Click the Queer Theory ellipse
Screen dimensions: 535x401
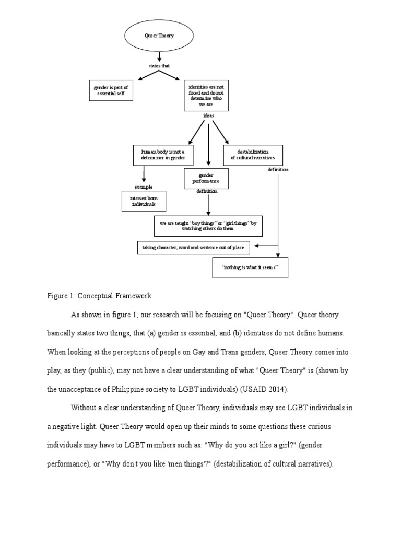click(159, 36)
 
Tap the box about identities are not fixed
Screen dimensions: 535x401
click(206, 96)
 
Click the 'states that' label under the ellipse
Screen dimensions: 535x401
click(159, 66)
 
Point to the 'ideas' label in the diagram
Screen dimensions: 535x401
click(208, 115)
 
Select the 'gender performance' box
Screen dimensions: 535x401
click(206, 178)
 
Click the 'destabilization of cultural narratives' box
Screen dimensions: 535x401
click(253, 155)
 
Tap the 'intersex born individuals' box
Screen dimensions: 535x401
click(143, 201)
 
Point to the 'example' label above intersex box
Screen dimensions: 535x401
click(143, 187)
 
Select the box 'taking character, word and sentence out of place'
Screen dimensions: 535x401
click(194, 247)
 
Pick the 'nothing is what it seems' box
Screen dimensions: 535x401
click(251, 267)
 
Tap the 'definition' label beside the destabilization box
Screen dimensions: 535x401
click(278, 170)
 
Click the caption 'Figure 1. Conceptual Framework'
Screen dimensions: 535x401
click(99, 296)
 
